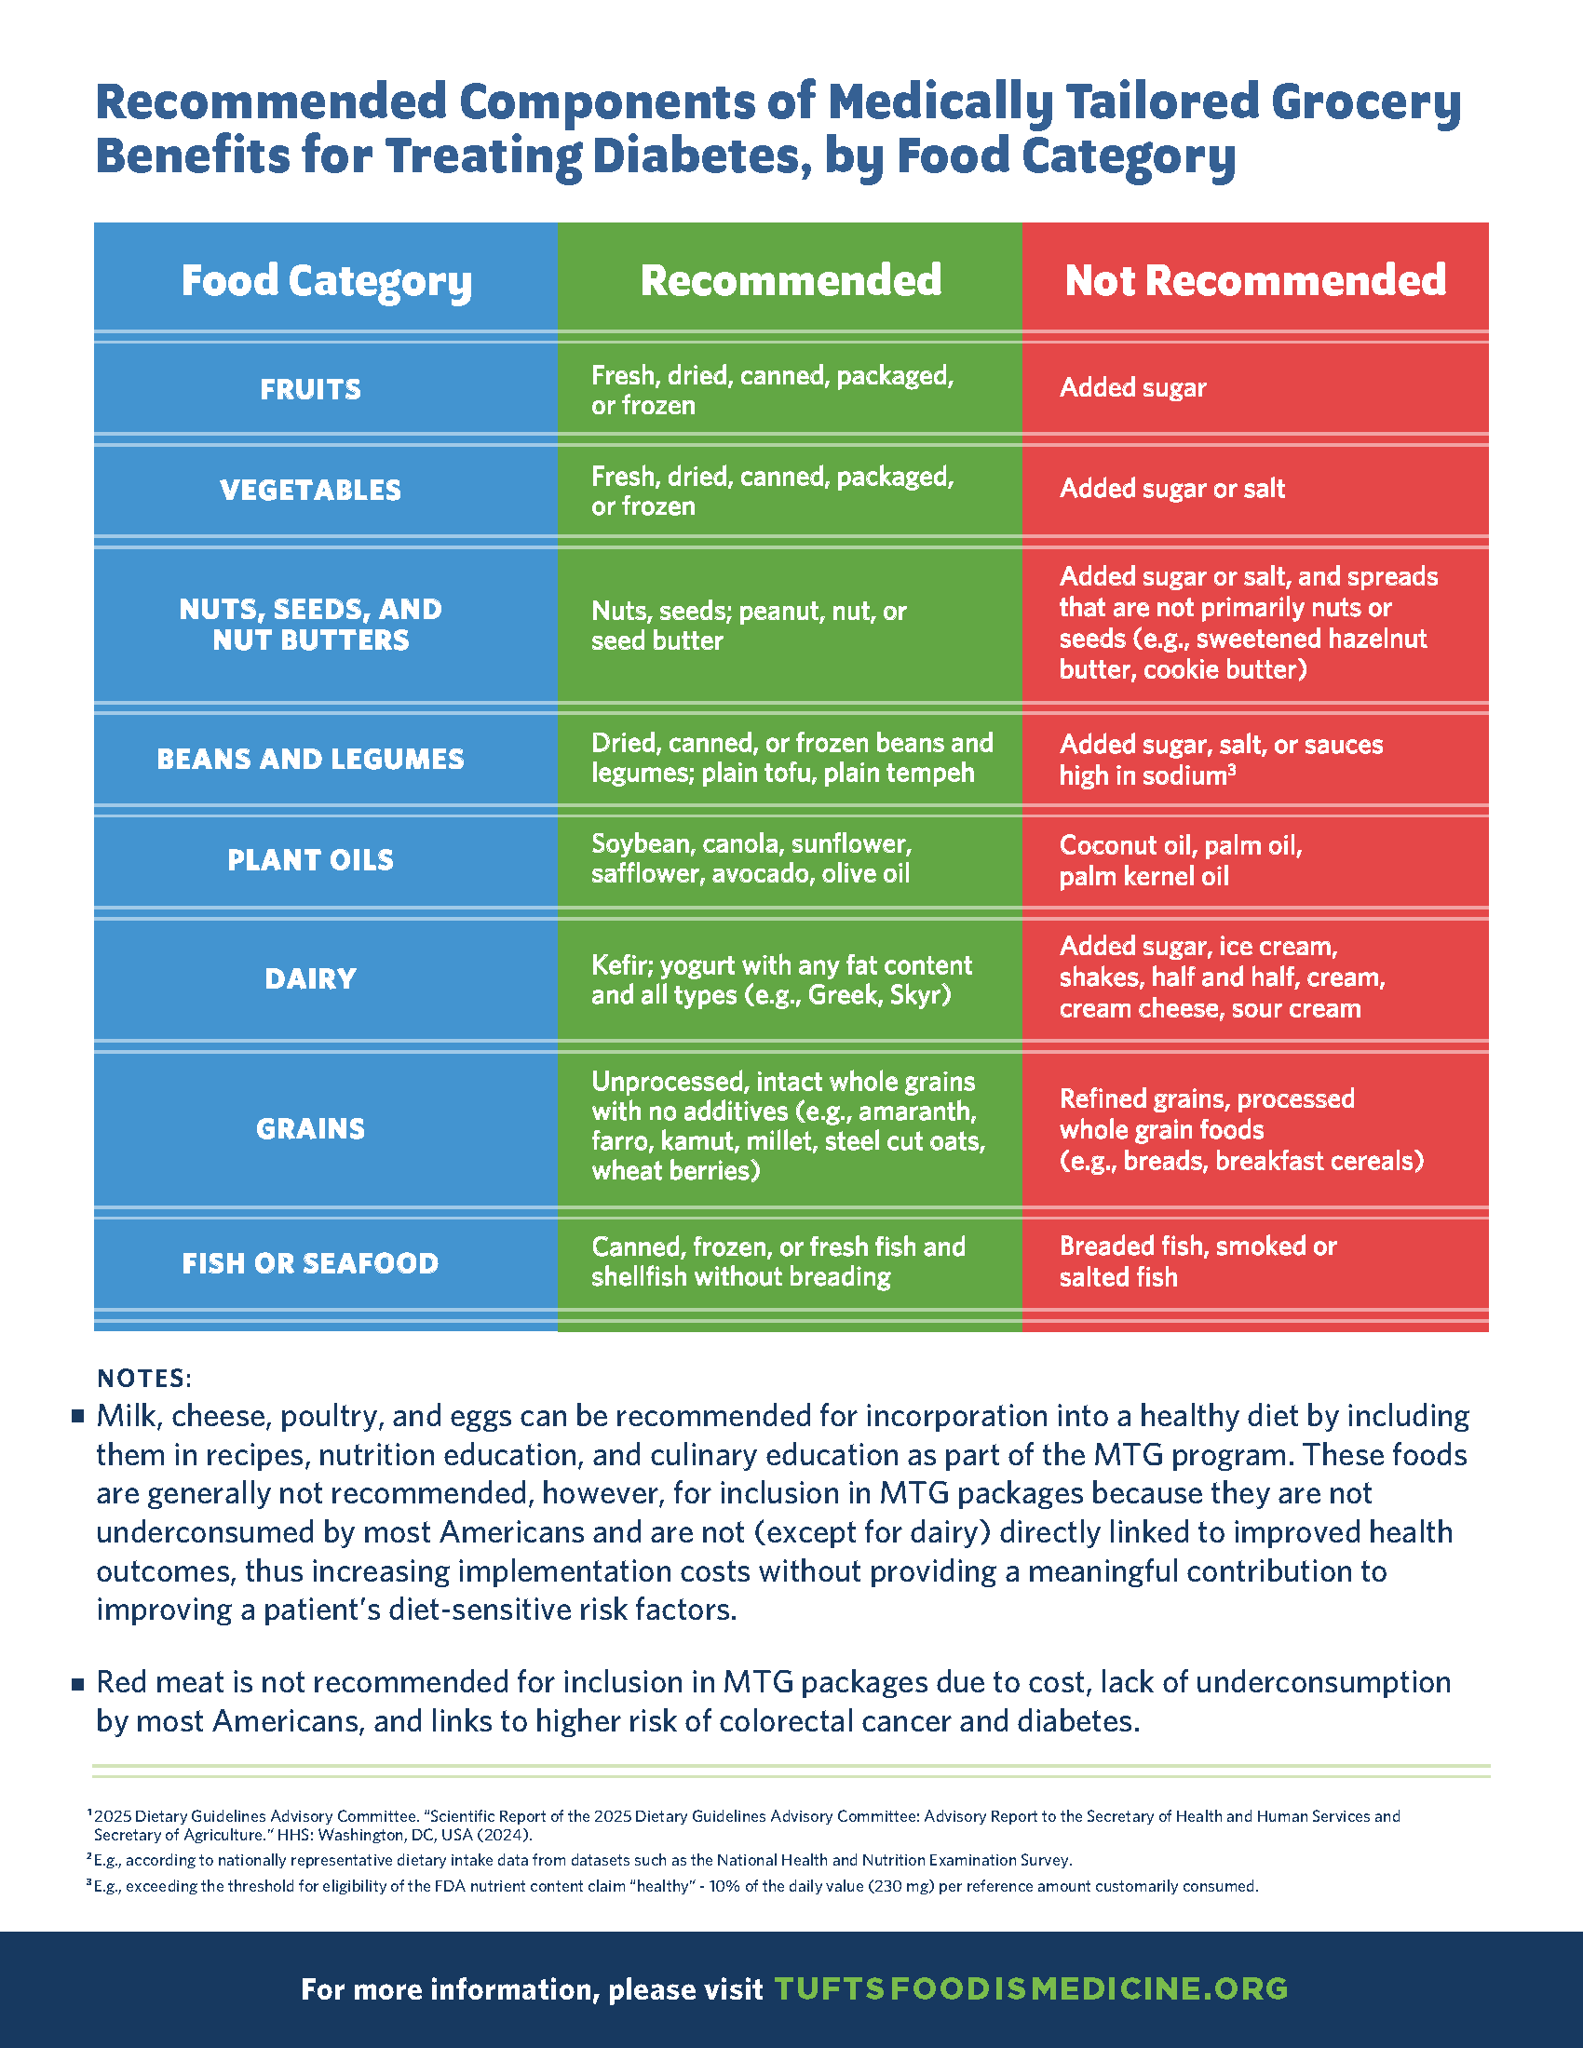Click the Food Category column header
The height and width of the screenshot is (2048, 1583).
[x=325, y=280]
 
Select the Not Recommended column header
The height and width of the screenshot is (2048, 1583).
[x=1255, y=280]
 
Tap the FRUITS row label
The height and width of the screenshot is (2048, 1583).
[x=310, y=389]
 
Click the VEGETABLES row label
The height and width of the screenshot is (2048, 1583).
[x=310, y=490]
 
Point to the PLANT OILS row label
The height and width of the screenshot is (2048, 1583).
[x=310, y=860]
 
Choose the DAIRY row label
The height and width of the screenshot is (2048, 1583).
[x=310, y=979]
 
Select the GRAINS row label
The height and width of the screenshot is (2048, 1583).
[x=310, y=1128]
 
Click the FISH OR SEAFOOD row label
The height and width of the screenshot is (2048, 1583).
[x=310, y=1263]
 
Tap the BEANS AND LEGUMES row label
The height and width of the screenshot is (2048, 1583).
[x=310, y=759]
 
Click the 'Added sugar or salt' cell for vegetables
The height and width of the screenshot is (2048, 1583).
[x=1172, y=489]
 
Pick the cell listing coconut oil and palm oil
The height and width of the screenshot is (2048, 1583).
[x=1181, y=860]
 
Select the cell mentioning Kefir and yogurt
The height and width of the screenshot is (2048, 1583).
[x=781, y=979]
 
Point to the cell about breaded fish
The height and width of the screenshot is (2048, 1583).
[x=1197, y=1261]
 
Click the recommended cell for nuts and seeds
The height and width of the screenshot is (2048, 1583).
[x=749, y=626]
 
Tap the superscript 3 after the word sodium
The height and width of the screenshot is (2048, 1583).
[x=1231, y=770]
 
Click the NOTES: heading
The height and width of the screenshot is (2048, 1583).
[x=144, y=1379]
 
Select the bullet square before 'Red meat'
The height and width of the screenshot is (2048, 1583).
[x=79, y=1684]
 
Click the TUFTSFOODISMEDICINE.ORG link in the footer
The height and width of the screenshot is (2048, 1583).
[x=1032, y=1989]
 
